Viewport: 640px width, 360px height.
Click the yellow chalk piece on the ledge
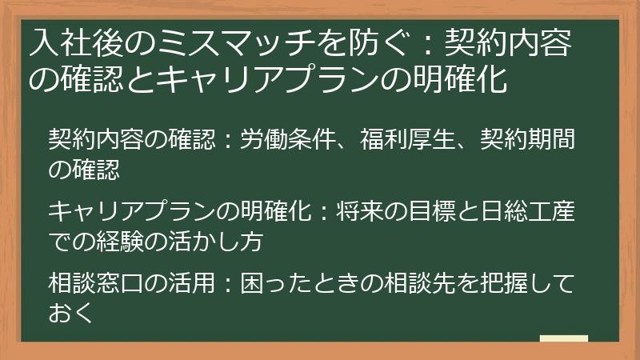pyautogui.click(x=564, y=338)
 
